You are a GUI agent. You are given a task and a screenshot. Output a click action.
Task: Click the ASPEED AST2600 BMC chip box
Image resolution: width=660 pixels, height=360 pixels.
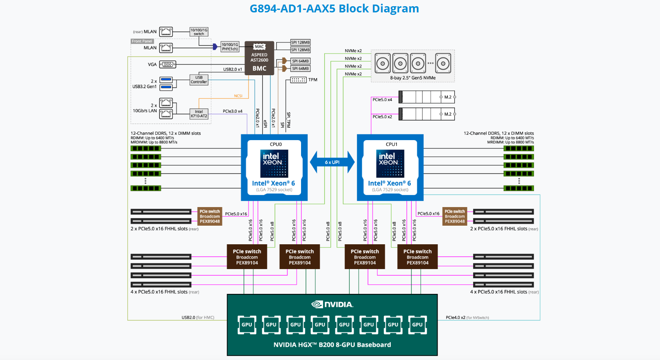[259, 58]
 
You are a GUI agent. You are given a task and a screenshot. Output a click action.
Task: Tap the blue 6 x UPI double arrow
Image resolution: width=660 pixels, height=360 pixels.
[332, 162]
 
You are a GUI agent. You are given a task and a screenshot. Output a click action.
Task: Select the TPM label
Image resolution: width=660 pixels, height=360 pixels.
[313, 80]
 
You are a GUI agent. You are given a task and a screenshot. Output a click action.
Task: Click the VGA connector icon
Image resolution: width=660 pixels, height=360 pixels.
[167, 64]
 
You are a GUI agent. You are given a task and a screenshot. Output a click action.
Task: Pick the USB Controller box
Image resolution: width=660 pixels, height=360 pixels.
[199, 80]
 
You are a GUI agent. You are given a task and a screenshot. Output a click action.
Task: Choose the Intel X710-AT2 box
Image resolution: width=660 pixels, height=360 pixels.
[199, 114]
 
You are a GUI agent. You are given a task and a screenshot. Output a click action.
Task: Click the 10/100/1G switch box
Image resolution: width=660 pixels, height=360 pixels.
[199, 32]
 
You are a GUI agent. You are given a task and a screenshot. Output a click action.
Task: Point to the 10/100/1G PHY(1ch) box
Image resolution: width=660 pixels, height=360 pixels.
[230, 47]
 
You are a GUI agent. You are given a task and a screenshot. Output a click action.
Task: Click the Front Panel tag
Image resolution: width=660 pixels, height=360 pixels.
[142, 41]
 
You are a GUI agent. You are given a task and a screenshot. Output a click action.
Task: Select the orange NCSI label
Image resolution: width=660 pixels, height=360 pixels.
[238, 96]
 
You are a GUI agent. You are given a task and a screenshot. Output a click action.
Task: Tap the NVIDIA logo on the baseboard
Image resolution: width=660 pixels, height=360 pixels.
[332, 305]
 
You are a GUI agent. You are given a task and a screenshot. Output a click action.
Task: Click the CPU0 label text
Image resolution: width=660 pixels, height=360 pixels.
[276, 144]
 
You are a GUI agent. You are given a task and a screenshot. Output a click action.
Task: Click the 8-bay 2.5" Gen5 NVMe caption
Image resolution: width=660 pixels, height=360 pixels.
[413, 78]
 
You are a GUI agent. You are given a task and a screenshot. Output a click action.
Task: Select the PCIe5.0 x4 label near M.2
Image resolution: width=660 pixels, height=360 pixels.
[382, 100]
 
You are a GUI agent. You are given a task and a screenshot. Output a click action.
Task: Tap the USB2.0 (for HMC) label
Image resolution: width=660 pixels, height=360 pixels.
[198, 317]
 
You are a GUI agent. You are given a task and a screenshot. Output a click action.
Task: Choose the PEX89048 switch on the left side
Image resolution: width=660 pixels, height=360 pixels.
[210, 216]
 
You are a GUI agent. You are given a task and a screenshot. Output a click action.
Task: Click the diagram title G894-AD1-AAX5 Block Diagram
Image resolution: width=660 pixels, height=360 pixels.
[334, 8]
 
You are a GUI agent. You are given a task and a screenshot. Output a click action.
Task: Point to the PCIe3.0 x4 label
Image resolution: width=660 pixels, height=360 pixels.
[232, 111]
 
